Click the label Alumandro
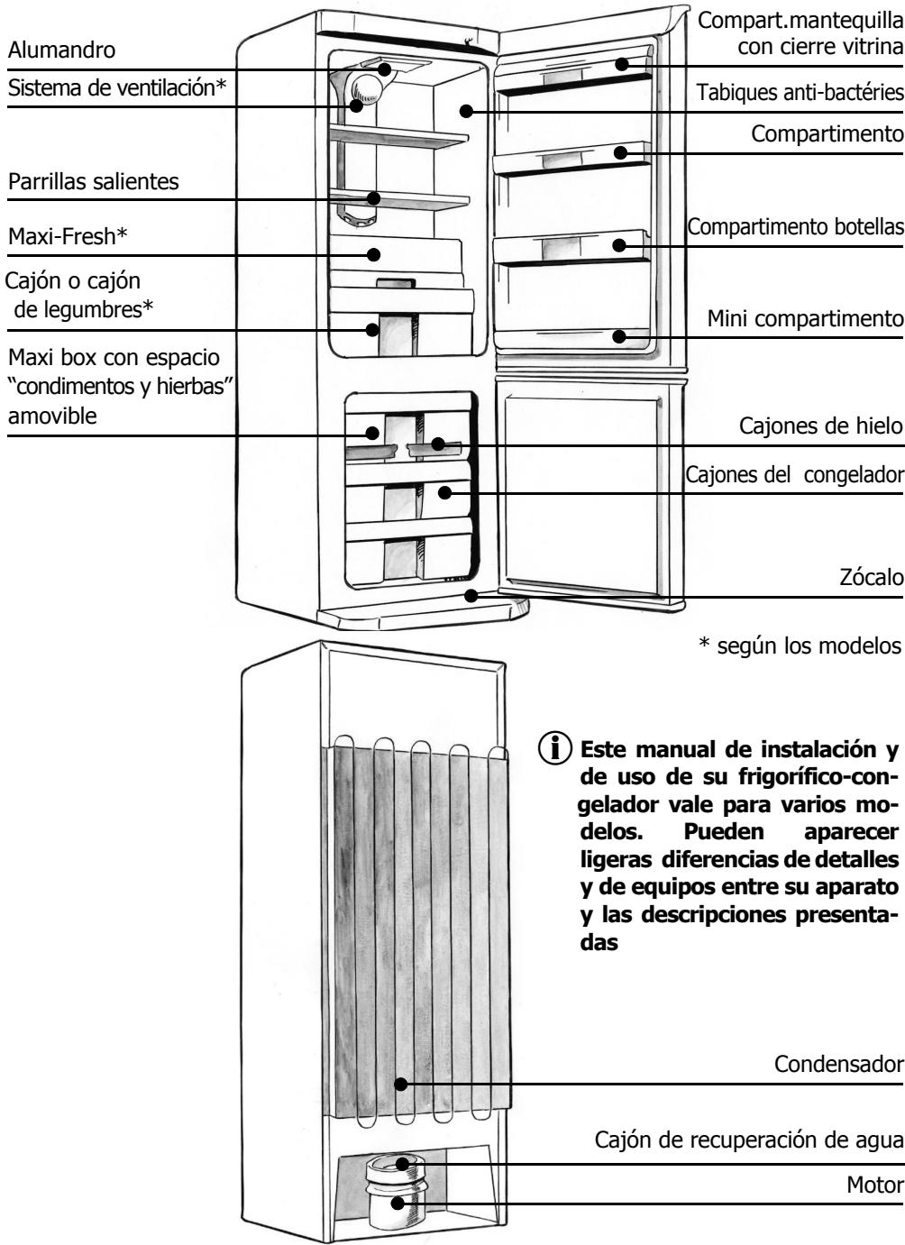[61, 50]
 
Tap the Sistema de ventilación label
[116, 87]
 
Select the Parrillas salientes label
[94, 181]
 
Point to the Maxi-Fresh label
[68, 237]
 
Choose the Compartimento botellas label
[796, 226]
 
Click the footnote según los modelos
[801, 646]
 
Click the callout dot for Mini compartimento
[619, 336]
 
